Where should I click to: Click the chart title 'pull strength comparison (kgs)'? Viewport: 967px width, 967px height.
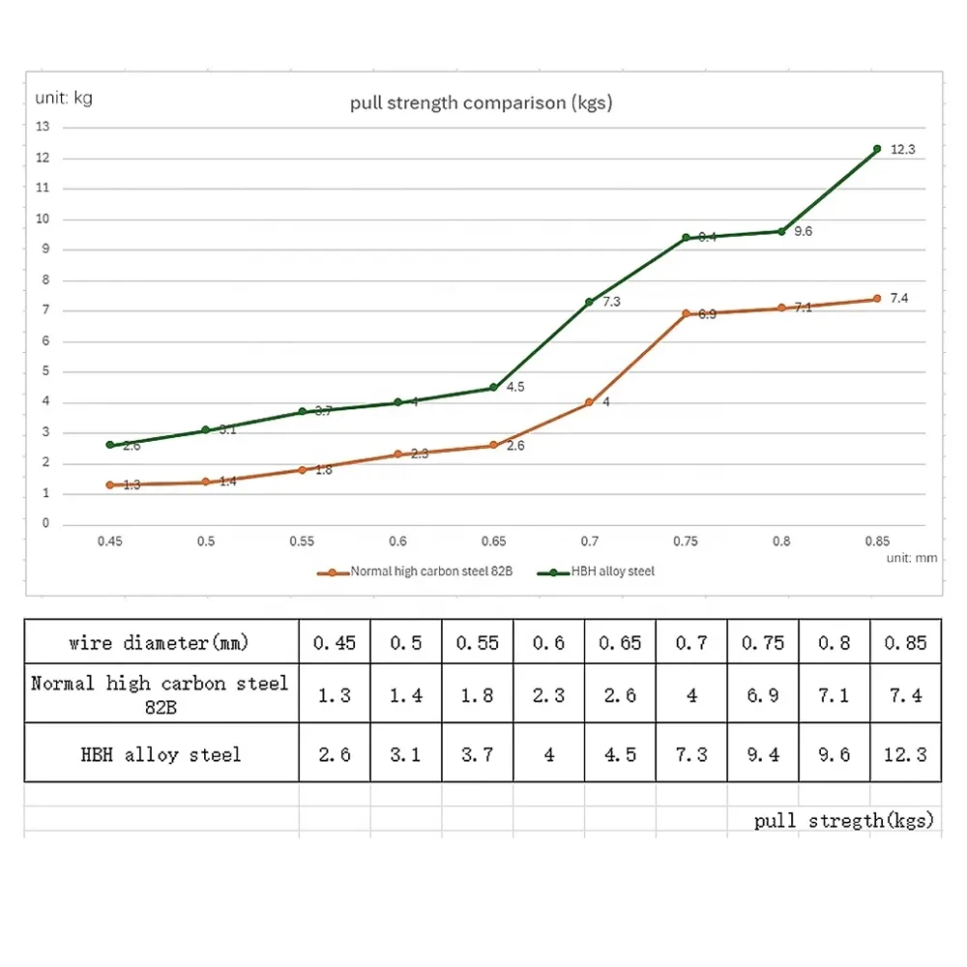point(481,103)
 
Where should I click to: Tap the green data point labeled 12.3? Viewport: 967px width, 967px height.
point(877,149)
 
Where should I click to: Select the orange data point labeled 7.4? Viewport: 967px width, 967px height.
point(877,299)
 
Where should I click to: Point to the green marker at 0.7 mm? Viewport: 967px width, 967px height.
point(589,302)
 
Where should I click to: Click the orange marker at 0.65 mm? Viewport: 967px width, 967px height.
point(493,445)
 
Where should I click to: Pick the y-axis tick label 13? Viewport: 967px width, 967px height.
point(43,127)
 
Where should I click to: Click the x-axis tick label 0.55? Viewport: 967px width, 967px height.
point(302,542)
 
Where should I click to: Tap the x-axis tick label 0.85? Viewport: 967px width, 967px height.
point(877,542)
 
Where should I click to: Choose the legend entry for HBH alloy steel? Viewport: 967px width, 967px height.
point(596,571)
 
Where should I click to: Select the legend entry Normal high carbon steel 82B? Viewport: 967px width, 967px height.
point(415,571)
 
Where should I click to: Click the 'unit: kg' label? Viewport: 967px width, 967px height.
point(64,98)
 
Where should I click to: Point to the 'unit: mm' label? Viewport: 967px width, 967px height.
point(912,558)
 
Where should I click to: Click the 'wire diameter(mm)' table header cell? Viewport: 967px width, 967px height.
point(161,641)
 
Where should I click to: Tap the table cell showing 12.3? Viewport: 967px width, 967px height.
point(905,753)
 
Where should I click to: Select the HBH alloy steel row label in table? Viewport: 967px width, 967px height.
point(161,753)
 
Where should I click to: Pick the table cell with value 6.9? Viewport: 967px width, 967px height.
point(763,694)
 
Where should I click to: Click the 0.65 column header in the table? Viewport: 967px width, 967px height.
point(620,641)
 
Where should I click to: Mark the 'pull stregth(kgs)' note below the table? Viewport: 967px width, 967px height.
point(843,820)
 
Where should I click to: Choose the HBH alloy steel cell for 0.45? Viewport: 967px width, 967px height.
point(335,753)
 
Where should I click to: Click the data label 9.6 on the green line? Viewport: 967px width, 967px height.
point(803,231)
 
